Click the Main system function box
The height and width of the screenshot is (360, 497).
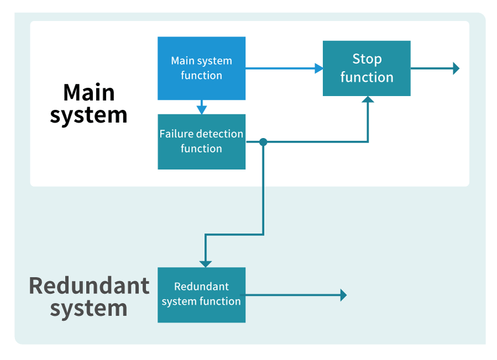(x=202, y=68)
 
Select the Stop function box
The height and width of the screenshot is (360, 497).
(x=367, y=68)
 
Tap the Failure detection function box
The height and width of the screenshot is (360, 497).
(x=202, y=141)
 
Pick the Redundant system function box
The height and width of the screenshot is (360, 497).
(x=202, y=295)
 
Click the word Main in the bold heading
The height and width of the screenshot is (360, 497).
(x=89, y=92)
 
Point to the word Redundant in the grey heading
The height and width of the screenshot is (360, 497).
(x=89, y=286)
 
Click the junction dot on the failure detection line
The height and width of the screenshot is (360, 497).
(x=263, y=142)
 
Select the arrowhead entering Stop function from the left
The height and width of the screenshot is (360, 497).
(x=319, y=68)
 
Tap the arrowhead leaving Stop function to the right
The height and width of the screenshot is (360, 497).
(x=456, y=68)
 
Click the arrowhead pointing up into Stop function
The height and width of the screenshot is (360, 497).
(x=368, y=100)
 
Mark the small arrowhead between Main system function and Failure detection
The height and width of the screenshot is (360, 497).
(x=202, y=109)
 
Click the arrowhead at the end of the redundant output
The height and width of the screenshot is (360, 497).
(x=343, y=295)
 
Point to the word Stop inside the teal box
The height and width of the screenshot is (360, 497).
(x=367, y=59)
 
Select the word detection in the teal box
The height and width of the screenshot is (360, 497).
(x=220, y=134)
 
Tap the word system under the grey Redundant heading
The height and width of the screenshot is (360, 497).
(x=89, y=309)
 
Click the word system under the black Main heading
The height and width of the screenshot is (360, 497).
(x=89, y=115)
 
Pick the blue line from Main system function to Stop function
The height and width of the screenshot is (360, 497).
(x=282, y=68)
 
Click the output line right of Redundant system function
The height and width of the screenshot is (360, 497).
(x=293, y=295)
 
